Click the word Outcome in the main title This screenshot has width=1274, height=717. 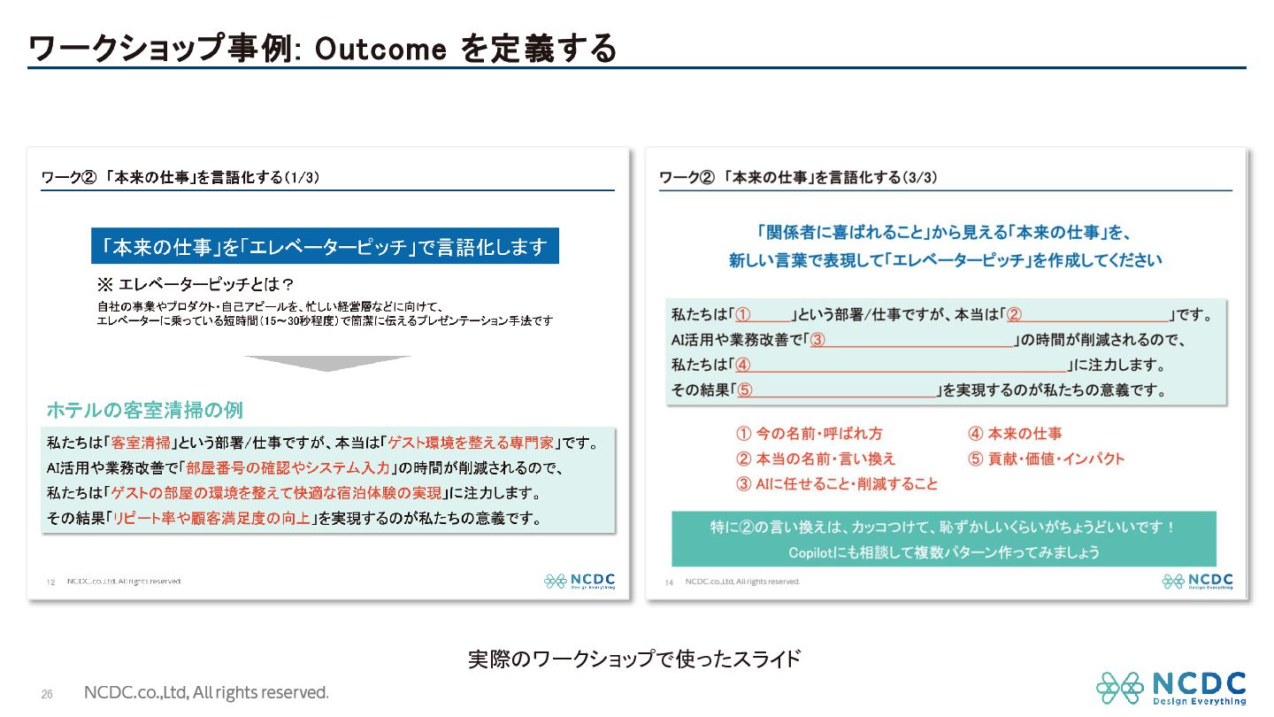pos(380,49)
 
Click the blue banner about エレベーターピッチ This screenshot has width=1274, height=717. pos(325,246)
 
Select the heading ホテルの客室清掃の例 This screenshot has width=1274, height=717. pos(145,410)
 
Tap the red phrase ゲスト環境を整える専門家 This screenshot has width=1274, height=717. pos(471,443)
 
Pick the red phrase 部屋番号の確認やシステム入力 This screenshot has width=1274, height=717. pos(288,467)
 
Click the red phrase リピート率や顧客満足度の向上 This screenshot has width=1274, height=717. pos(211,518)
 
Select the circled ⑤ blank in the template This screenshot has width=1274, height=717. pos(837,390)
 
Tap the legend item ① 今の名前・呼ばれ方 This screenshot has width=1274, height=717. pos(810,434)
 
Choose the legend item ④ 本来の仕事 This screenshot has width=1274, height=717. pos(1016,434)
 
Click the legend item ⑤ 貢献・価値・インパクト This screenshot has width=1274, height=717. pos(1047,459)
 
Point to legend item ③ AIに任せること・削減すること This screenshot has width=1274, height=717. pos(837,483)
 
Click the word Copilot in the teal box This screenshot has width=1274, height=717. pos(810,552)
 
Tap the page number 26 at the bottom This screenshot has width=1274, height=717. pos(47,694)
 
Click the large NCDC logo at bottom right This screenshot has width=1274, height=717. pos(1171,688)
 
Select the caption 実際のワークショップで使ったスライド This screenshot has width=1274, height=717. pos(634,659)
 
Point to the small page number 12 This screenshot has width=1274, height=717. pos(50,582)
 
